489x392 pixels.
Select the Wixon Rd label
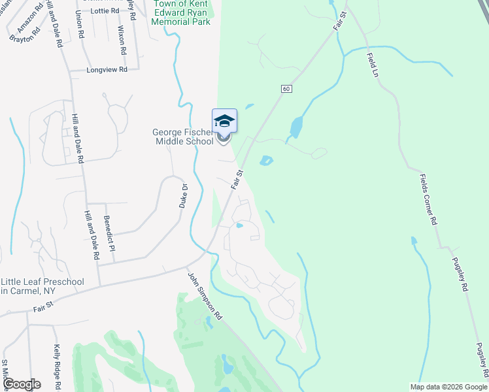121,40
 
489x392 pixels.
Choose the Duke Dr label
184,195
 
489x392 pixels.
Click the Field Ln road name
373,63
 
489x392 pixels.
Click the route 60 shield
286,89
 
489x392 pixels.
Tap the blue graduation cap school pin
224,121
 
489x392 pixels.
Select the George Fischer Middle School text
183,136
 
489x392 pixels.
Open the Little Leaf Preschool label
42,286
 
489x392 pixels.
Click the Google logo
21,384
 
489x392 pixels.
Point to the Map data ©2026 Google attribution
448,387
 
